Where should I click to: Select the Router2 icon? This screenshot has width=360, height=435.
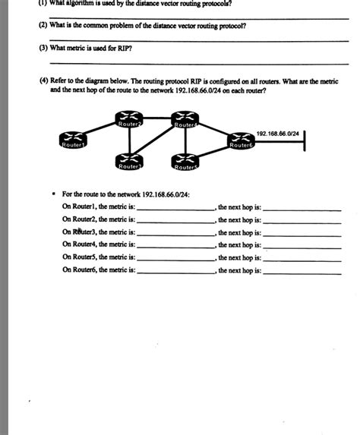tap(128, 121)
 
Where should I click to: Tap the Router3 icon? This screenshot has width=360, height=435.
tap(128, 162)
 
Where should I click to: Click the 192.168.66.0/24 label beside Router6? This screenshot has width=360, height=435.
tap(277, 132)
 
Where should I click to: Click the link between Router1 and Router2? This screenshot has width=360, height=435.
tap(100, 129)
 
